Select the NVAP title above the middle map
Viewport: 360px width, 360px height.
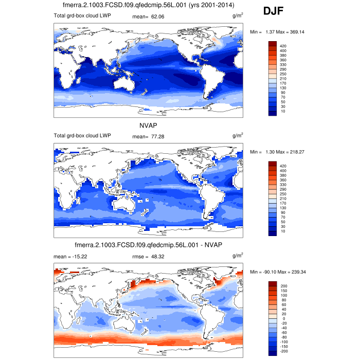[148, 125]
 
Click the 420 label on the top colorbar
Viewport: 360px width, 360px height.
[283, 46]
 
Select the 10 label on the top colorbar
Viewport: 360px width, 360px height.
[282, 111]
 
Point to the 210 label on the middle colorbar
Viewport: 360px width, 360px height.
[283, 199]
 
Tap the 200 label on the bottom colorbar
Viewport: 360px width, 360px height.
[283, 285]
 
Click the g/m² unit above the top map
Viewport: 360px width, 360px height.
[238, 16]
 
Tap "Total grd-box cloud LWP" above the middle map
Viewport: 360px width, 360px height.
[82, 136]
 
